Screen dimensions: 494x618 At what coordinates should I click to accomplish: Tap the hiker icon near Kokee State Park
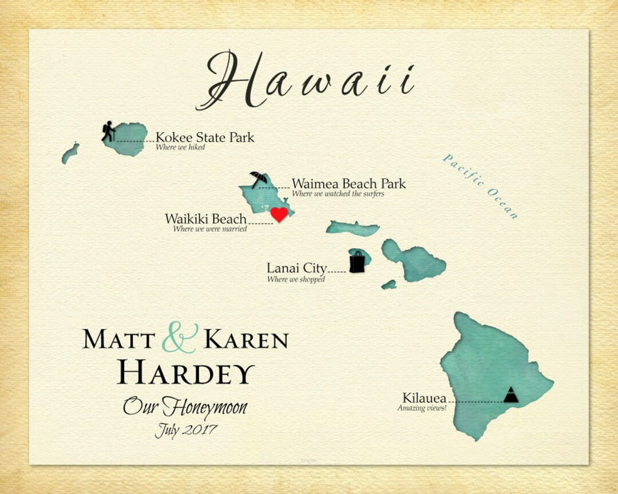108,132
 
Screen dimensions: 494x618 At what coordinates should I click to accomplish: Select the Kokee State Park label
205,138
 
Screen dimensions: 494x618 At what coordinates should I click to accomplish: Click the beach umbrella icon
258,179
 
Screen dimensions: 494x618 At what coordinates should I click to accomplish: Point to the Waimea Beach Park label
348,184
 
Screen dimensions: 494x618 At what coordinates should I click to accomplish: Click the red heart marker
279,214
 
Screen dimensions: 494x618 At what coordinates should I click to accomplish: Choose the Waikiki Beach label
205,219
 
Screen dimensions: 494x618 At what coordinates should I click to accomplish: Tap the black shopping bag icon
357,262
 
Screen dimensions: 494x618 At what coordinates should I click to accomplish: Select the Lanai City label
296,268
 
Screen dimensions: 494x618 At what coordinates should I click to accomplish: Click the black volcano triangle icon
510,395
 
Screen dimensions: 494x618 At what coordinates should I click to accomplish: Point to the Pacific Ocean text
480,186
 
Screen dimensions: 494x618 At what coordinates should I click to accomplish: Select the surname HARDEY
185,373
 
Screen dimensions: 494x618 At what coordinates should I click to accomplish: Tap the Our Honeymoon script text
185,407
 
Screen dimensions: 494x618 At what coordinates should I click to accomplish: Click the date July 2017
185,430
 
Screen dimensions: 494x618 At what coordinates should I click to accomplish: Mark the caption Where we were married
210,229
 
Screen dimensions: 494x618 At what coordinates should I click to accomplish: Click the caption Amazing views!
422,408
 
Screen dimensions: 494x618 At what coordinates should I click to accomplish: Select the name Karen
246,340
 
